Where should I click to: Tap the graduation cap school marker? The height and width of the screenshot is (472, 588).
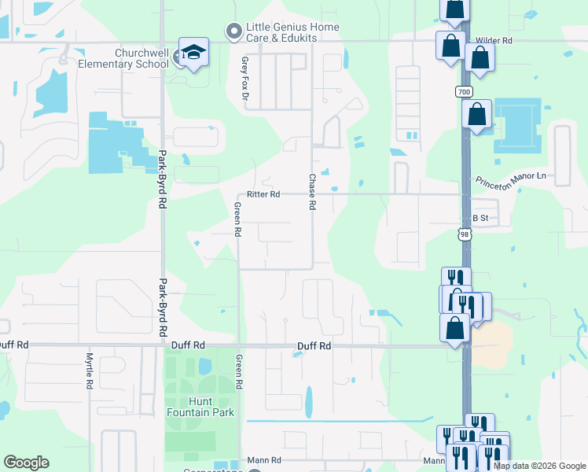pyautogui.click(x=193, y=53)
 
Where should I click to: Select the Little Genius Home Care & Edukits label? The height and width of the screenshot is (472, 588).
pyautogui.click(x=292, y=32)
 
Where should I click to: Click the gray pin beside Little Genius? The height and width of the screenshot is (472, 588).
pyautogui.click(x=233, y=31)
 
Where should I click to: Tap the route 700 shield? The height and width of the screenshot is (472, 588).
pyautogui.click(x=463, y=92)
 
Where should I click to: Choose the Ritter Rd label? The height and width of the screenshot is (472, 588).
pyautogui.click(x=263, y=194)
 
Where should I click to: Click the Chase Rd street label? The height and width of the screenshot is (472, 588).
pyautogui.click(x=312, y=192)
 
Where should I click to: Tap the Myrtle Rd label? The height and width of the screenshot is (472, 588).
pyautogui.click(x=89, y=371)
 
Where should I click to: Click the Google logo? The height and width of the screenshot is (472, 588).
pyautogui.click(x=26, y=463)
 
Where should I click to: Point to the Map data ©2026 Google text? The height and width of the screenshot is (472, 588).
pyautogui.click(x=539, y=466)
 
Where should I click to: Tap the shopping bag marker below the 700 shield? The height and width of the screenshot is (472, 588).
pyautogui.click(x=476, y=115)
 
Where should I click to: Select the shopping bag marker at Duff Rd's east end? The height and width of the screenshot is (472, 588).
pyautogui.click(x=454, y=328)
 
